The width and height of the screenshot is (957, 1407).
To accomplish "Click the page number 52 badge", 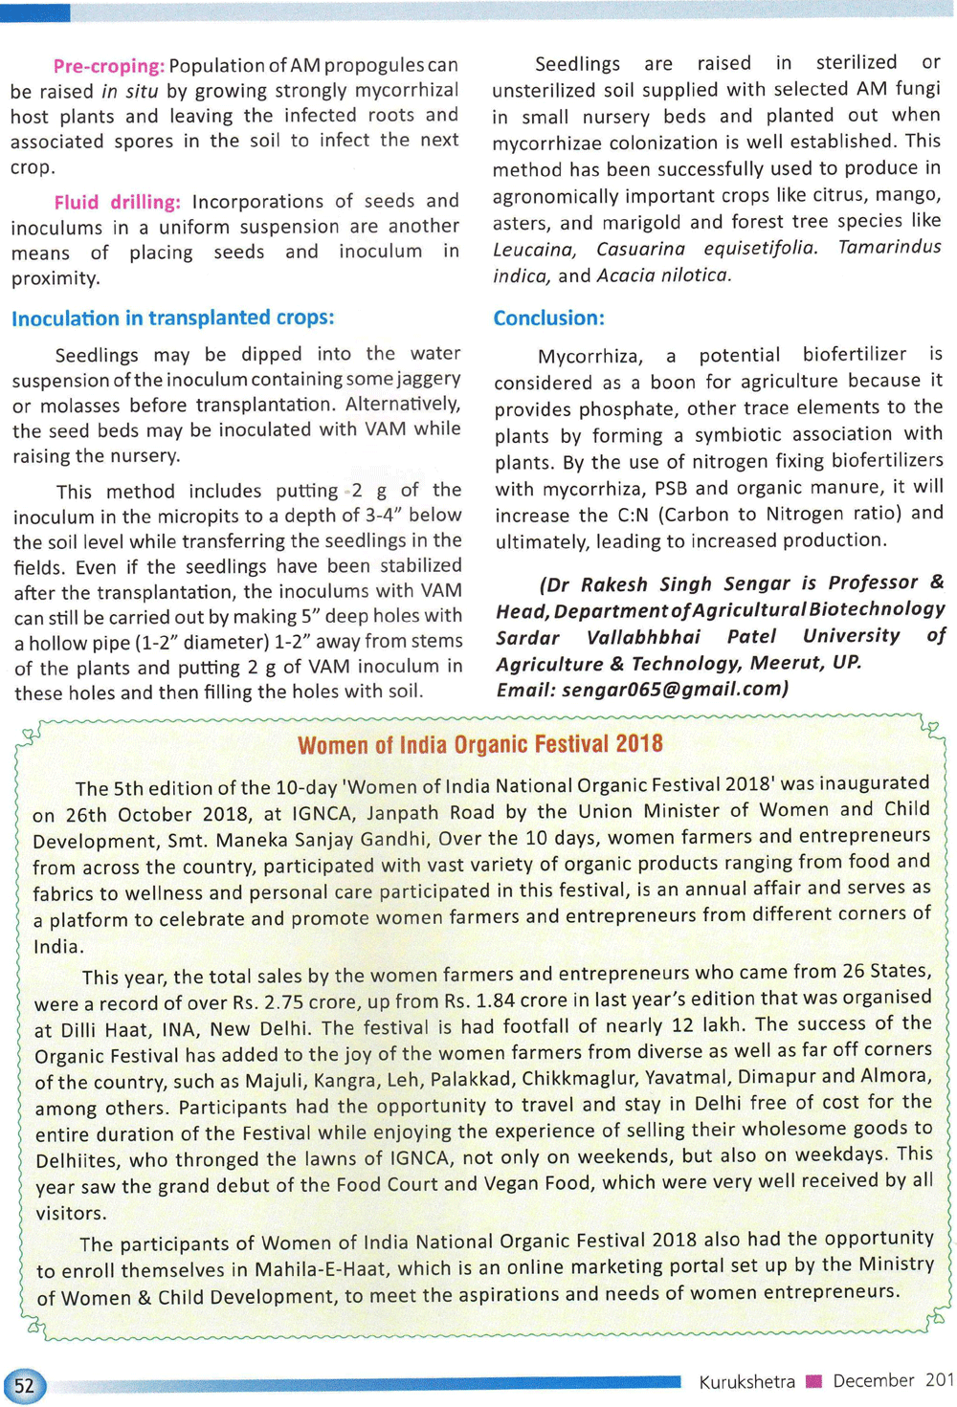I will [x=24, y=1386].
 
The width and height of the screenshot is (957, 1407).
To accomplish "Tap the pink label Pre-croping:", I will [x=109, y=66].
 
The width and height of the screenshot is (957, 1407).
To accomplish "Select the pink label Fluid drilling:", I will [x=117, y=202].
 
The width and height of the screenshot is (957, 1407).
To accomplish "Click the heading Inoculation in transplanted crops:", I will [x=173, y=318].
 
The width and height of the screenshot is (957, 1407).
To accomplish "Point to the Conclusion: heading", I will [x=548, y=318].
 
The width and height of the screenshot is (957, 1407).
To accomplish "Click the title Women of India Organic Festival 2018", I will [x=479, y=744].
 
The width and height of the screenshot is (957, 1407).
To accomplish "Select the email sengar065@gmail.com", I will [x=671, y=689].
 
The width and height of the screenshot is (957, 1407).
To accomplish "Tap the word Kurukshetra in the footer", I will [x=746, y=1381].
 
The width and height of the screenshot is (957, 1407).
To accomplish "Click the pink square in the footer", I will [x=814, y=1380].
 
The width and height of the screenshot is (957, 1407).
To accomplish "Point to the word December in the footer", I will [x=873, y=1380].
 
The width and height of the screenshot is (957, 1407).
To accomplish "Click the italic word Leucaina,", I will [x=534, y=250].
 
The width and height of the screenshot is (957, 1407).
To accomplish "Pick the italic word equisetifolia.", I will [x=761, y=248].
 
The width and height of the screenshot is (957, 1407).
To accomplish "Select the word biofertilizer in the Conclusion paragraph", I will [x=854, y=355].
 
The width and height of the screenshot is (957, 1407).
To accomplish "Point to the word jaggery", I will [x=430, y=379].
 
